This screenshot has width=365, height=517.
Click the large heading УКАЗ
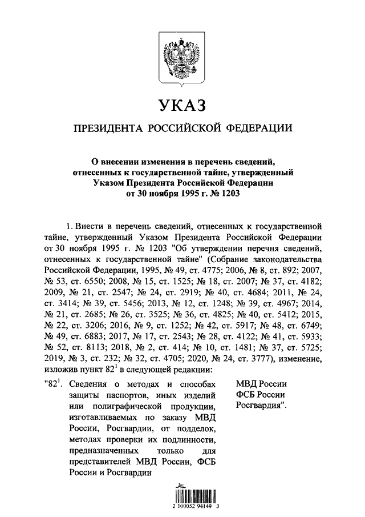(x=182, y=107)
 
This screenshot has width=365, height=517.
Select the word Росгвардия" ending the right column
(x=261, y=406)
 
